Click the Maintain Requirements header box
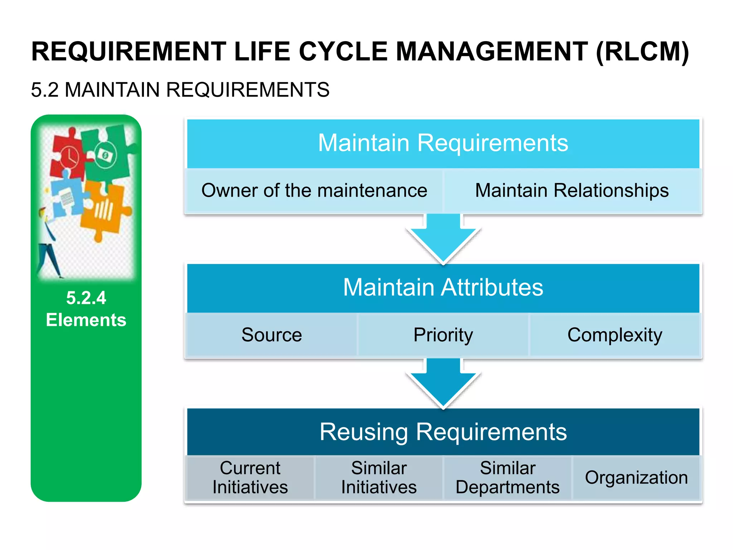coord(443,143)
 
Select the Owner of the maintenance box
coord(314,190)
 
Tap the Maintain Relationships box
coord(572,190)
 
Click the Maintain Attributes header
coord(443,288)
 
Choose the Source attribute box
coord(271,335)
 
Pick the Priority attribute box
coord(443,335)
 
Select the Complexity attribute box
coord(615,335)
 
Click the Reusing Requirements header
coord(443,432)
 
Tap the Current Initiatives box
coord(250,478)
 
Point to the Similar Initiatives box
coord(379,478)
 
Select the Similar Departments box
coord(507,478)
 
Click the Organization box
coord(636,478)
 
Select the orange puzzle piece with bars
coord(104,211)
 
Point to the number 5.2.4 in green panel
coord(86,298)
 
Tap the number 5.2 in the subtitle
coord(44,90)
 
